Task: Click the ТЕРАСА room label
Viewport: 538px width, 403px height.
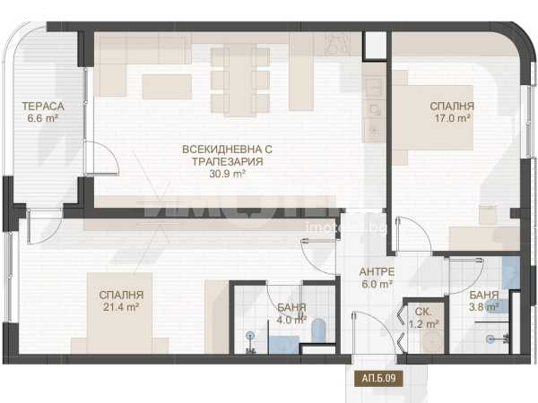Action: click(x=43, y=107)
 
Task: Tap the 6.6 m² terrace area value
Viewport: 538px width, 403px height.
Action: click(x=42, y=118)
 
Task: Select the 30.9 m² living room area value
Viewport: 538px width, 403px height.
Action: click(x=227, y=174)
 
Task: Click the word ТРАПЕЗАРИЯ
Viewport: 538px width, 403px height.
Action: click(x=227, y=161)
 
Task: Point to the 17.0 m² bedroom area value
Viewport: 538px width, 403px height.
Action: click(x=452, y=118)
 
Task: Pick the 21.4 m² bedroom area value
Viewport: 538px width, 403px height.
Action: click(x=121, y=307)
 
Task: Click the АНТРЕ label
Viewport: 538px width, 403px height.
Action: click(x=377, y=271)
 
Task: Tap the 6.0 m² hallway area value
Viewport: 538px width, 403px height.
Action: click(x=377, y=284)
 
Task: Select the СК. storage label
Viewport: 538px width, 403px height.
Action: click(x=422, y=312)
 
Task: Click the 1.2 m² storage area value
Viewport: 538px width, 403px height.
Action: click(x=424, y=324)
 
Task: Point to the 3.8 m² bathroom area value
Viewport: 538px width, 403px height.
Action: click(x=484, y=307)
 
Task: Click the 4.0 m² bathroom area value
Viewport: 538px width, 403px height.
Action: click(x=291, y=320)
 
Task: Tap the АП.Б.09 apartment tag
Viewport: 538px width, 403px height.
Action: click(x=378, y=378)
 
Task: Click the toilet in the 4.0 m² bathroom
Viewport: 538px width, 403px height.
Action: click(x=318, y=330)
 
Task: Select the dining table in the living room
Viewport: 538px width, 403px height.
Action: click(x=240, y=80)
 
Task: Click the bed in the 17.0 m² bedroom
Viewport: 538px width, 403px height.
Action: click(x=434, y=117)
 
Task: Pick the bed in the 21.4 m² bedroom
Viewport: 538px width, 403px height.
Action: click(x=120, y=313)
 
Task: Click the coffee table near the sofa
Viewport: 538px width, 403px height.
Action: click(x=167, y=87)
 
